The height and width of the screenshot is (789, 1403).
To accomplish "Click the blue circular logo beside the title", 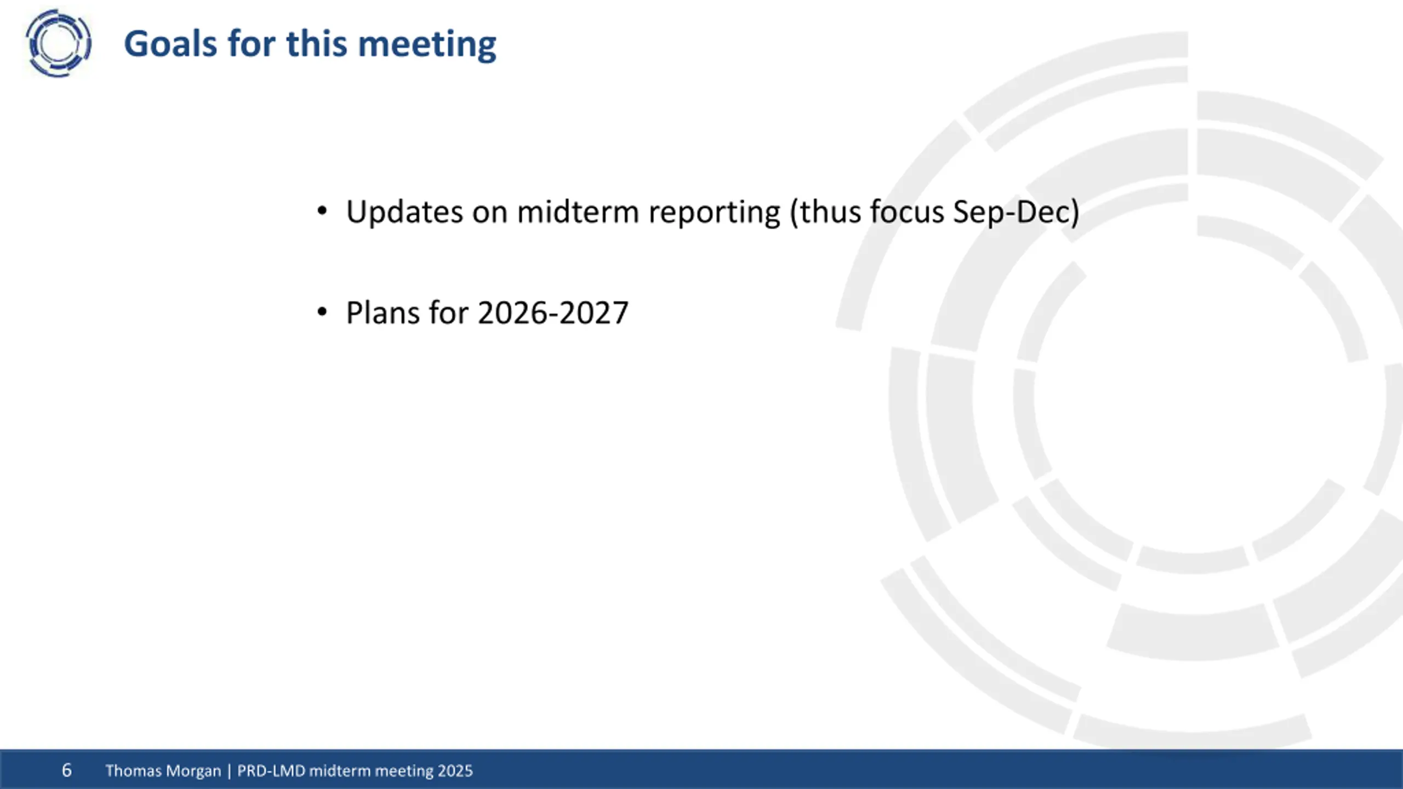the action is coord(58,43).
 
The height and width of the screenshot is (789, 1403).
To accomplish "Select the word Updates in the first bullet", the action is coord(404,211).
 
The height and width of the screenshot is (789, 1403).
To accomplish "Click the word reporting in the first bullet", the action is coord(714,213).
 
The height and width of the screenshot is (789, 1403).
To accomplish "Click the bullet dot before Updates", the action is coord(322,211).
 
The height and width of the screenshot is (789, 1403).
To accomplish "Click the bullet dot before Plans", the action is coord(322,312).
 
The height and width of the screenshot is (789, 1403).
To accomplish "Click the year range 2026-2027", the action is coord(553,313).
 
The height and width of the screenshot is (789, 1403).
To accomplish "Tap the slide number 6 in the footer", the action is coord(67,770).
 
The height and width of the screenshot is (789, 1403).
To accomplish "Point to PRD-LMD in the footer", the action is coord(271,770).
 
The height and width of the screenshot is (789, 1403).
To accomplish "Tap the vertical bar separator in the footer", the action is coord(229,771).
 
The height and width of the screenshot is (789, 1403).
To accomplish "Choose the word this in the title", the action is coord(317,43).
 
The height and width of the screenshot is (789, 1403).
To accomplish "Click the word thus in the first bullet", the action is coord(830,211).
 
